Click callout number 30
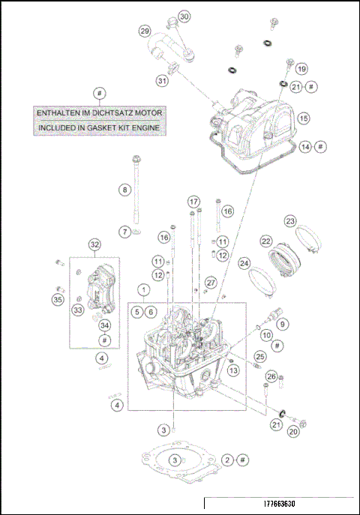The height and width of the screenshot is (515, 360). (184, 16)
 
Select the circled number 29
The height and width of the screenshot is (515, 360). (145, 31)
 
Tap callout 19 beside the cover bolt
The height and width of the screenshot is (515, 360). (301, 69)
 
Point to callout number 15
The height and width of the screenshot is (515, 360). (303, 118)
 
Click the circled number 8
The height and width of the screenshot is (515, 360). (124, 190)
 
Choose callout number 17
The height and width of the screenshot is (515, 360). (193, 202)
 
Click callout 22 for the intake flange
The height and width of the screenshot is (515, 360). (265, 241)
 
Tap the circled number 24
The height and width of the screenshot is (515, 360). (244, 263)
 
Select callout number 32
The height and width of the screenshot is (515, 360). (94, 245)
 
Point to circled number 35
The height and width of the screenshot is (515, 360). (58, 300)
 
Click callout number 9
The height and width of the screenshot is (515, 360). (283, 325)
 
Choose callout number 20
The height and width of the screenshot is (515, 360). (293, 431)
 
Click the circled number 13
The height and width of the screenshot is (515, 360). (233, 370)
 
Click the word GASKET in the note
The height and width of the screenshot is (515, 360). (113, 128)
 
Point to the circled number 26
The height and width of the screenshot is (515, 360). (271, 376)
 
